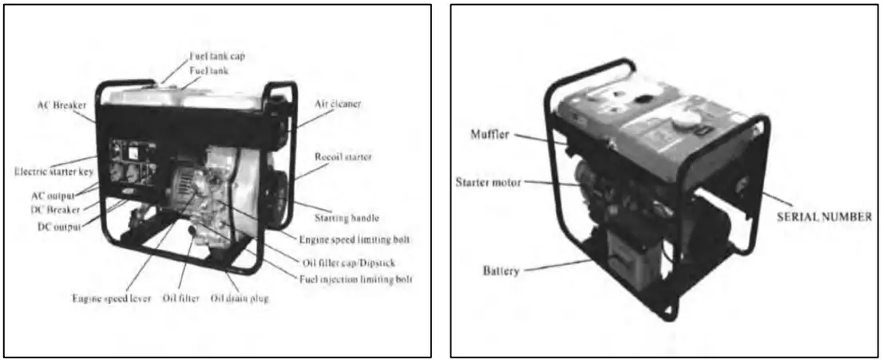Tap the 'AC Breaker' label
pos(63,105)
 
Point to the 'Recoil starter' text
pos(344,157)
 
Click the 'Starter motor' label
pos(488,183)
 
